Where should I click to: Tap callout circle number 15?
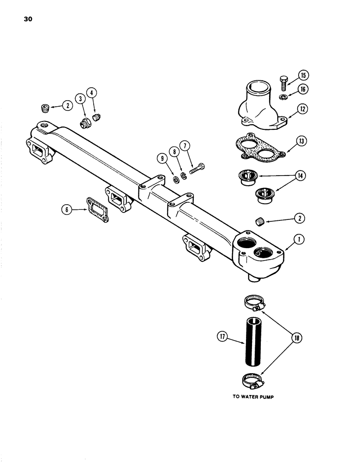303,75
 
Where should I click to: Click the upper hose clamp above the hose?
253,302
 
